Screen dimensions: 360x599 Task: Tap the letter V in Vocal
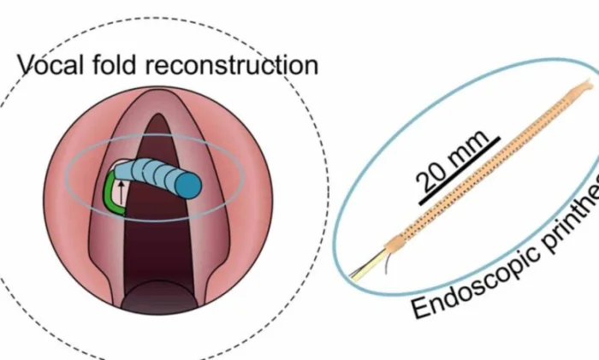[27, 65]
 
